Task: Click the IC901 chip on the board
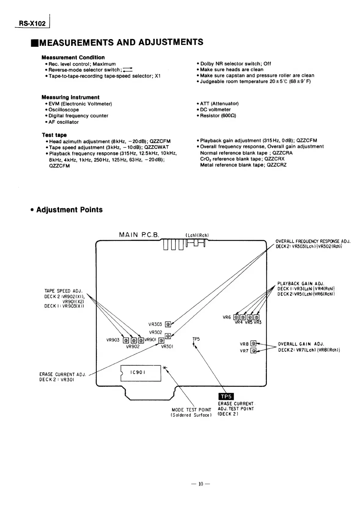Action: coord(141,373)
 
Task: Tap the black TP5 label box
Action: coord(226,396)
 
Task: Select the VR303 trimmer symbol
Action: coord(168,324)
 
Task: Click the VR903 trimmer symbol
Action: coord(125,340)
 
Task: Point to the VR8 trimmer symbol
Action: coord(253,344)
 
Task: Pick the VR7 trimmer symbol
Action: coord(253,351)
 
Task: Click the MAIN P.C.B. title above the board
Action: coord(139,235)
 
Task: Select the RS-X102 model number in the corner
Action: coord(32,23)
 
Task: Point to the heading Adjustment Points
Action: coord(69,210)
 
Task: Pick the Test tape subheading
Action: coord(54,135)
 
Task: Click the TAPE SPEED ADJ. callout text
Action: coord(64,291)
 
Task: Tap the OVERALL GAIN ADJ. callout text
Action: coord(301,344)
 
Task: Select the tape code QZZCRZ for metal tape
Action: coord(277,165)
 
